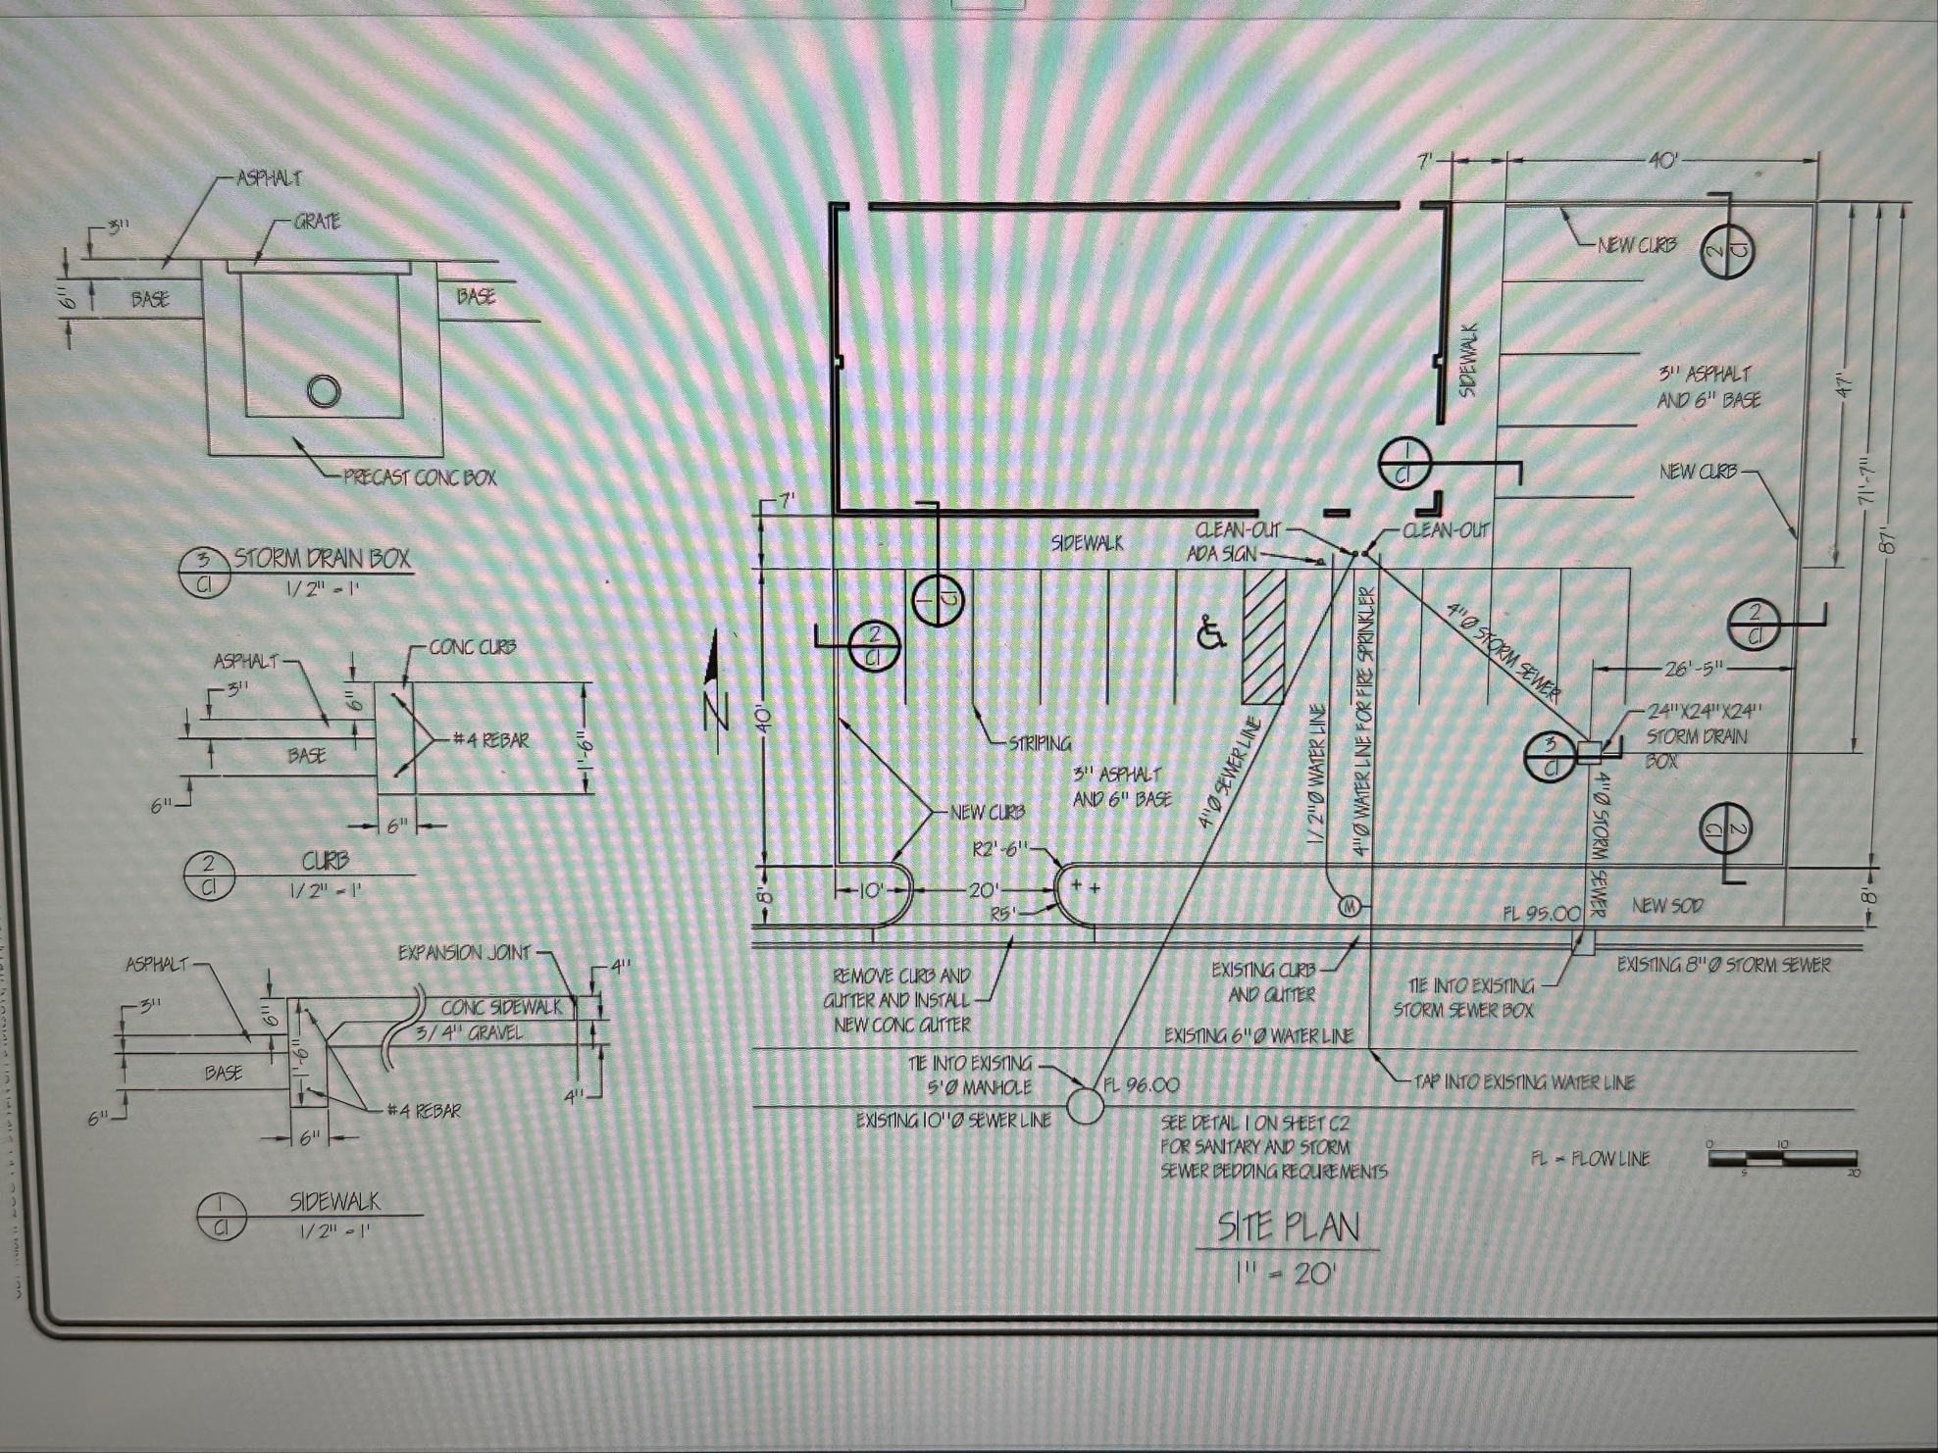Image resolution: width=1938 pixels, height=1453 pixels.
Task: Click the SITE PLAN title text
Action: (x=1288, y=1227)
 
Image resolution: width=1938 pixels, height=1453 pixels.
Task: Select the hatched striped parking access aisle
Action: (x=1263, y=638)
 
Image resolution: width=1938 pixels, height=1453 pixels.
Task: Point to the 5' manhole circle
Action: (x=1085, y=1106)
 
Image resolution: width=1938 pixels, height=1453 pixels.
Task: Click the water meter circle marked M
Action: (x=1349, y=906)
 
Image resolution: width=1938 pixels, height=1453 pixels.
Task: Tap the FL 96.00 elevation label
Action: (x=1142, y=1085)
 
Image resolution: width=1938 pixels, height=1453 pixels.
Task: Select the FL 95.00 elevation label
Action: (x=1541, y=913)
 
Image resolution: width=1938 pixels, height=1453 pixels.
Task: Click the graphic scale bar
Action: (x=1781, y=1158)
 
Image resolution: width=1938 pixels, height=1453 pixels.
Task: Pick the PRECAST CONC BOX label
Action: (x=419, y=478)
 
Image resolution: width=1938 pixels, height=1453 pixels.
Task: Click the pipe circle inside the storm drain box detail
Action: (x=324, y=391)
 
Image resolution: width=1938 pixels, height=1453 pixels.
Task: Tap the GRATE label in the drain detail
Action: (x=317, y=223)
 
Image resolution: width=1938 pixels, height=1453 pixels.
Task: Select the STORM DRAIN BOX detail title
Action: (x=322, y=559)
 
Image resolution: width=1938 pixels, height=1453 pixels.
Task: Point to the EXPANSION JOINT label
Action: (x=464, y=953)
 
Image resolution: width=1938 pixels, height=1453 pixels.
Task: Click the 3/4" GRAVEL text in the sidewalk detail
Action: (x=469, y=1032)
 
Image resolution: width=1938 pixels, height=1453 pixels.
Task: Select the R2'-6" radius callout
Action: (x=1000, y=848)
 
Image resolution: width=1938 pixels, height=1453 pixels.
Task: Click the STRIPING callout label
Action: (x=1040, y=743)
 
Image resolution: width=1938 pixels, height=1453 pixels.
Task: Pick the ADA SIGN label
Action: (x=1221, y=554)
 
